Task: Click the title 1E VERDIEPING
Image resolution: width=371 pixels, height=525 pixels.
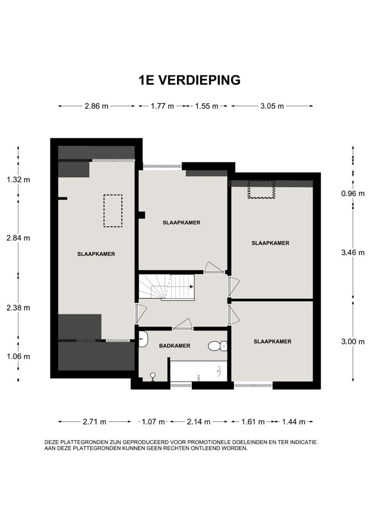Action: coord(189,80)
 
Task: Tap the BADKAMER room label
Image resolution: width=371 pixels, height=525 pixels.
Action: coord(175,346)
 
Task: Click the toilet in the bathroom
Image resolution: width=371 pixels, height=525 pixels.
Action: coord(217,346)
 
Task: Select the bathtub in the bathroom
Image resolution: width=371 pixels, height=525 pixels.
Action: coord(198,370)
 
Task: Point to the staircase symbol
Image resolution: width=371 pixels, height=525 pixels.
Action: coord(166,287)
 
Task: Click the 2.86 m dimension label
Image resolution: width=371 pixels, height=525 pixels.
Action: coord(96,106)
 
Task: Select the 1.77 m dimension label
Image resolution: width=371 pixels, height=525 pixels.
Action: coord(162,106)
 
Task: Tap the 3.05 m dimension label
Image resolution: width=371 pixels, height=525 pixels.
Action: coord(272,106)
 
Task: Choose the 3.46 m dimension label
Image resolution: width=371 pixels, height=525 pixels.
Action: coord(353,253)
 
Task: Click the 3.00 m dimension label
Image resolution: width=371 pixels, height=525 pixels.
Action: coord(353,341)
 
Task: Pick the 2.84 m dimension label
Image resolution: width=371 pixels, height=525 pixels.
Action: coord(18,237)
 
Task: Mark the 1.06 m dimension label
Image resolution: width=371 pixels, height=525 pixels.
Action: coord(18,356)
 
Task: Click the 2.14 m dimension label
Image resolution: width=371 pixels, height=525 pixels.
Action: coord(198,422)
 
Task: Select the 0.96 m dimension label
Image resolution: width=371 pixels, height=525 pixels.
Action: coord(353,193)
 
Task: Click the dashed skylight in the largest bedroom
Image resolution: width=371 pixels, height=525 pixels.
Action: coord(113,211)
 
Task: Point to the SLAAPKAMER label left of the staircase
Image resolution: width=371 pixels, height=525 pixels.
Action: coord(96,254)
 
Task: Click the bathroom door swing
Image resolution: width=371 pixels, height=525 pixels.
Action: coord(182,324)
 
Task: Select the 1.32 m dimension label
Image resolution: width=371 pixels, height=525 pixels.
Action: coord(18,179)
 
